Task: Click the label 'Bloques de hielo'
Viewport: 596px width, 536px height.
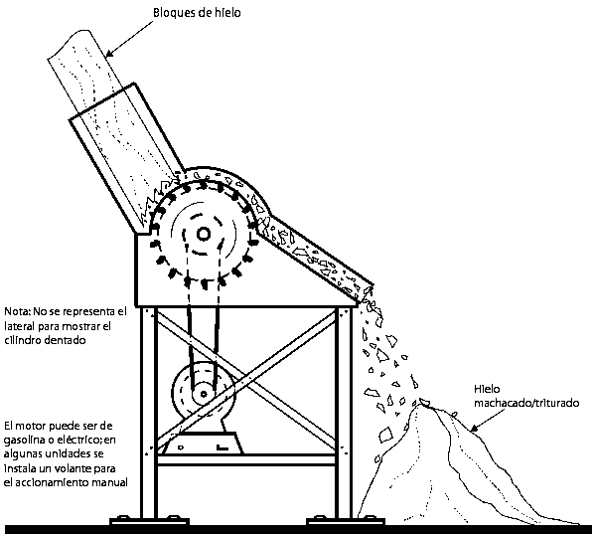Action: pyautogui.click(x=199, y=13)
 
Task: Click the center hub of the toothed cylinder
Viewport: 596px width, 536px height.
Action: pyautogui.click(x=203, y=234)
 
